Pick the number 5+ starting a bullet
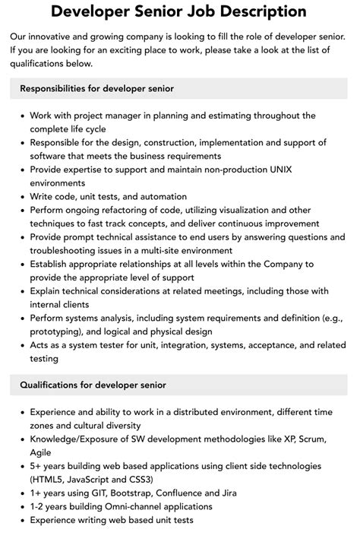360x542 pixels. click(37, 466)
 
